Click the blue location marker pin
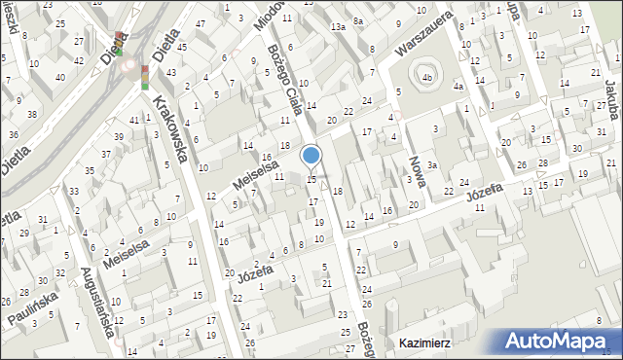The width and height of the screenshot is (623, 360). point(311,155)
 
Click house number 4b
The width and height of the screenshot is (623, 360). point(426,76)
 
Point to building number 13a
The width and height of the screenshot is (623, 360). point(338,27)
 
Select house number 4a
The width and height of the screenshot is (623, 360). point(458,86)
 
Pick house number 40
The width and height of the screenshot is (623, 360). point(60,76)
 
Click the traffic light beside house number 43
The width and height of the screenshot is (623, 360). point(145,76)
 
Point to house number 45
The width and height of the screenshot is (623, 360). point(182,47)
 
